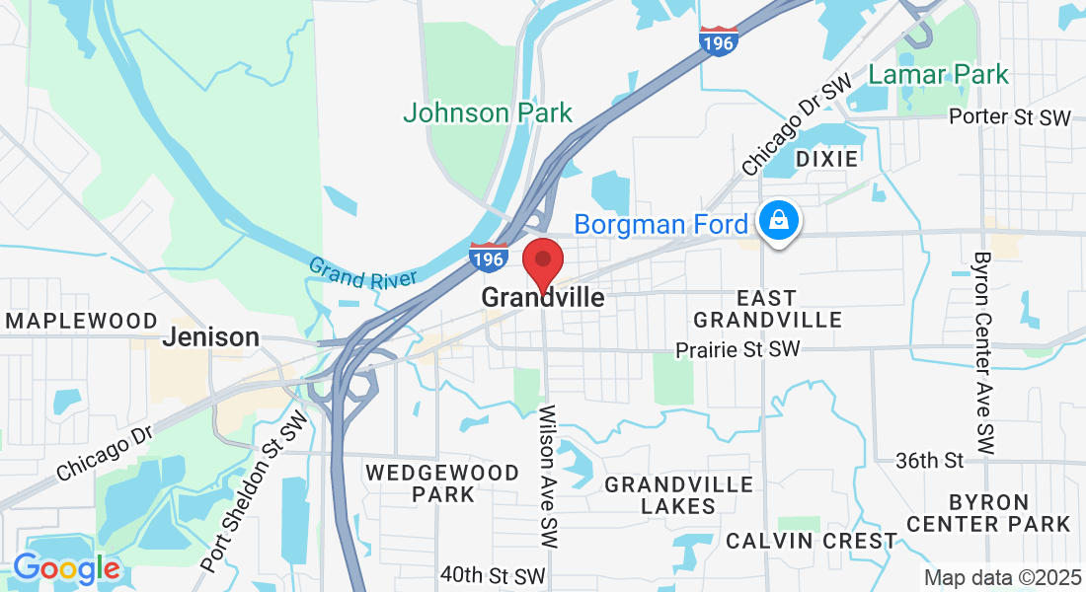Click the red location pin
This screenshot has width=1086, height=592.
coord(542,260)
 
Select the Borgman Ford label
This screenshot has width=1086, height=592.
coord(660,225)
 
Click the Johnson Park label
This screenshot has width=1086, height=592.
coord(488,112)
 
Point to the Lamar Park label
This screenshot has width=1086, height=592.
coord(939,74)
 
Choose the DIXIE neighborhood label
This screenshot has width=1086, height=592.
coord(826,159)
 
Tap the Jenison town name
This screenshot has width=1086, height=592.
coord(210,336)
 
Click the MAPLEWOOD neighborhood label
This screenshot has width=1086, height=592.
coord(82,321)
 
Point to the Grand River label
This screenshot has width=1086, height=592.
coord(362,273)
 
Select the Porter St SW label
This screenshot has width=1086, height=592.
coord(1009,117)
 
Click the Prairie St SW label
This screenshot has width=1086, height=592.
coord(737,349)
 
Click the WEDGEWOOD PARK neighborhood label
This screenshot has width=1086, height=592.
coord(442,483)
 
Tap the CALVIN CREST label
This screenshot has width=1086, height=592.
coord(812,541)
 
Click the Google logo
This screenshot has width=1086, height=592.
coord(66,568)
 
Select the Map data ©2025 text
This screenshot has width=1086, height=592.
coord(1001,576)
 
